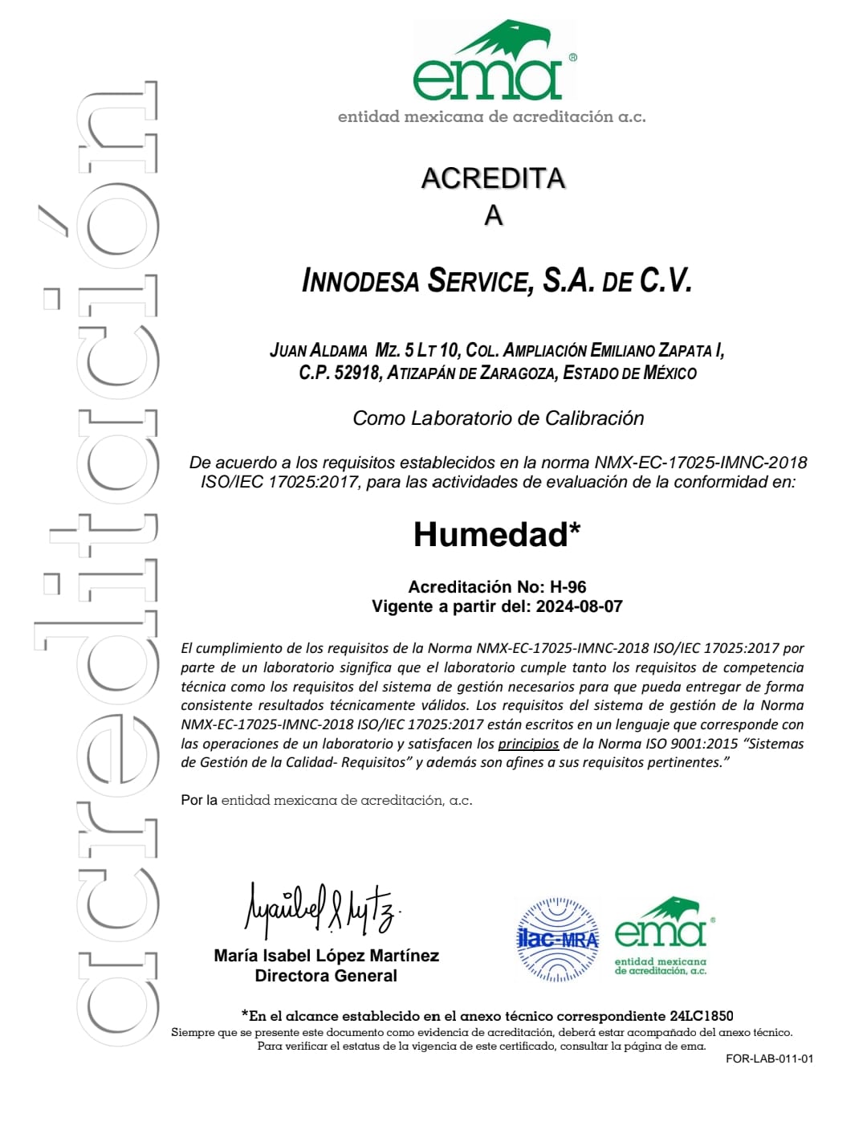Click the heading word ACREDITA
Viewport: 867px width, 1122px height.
click(x=493, y=178)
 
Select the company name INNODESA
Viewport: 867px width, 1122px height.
click(x=360, y=281)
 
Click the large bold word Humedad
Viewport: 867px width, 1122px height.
click(x=490, y=535)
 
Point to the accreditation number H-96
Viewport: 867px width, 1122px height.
click(x=568, y=587)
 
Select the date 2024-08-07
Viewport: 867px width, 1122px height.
click(x=579, y=606)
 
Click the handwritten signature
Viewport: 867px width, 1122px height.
click(x=322, y=910)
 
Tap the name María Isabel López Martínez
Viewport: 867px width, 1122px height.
click(x=326, y=956)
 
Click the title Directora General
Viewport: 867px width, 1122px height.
click(x=326, y=976)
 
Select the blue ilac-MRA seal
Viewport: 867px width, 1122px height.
click(x=557, y=940)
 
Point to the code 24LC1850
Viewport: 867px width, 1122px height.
click(x=701, y=1016)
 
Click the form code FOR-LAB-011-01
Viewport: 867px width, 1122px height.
click(x=769, y=1059)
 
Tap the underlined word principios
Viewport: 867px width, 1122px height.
click(x=528, y=744)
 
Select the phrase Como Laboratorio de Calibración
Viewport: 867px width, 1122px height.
click(x=498, y=418)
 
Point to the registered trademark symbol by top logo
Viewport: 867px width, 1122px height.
click(x=572, y=58)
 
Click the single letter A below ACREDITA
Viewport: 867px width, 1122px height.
click(x=493, y=215)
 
